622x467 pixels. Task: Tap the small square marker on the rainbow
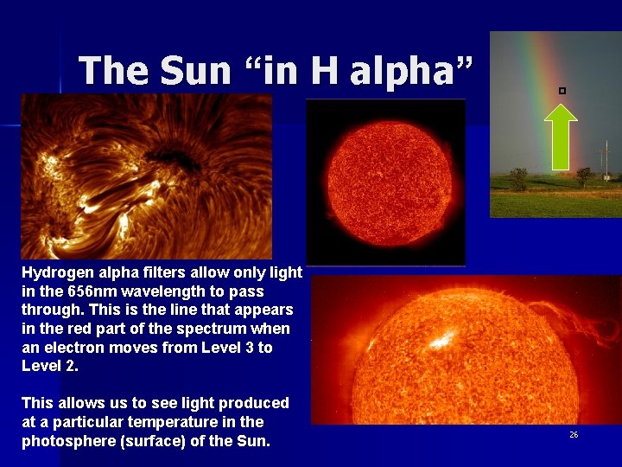point(562,90)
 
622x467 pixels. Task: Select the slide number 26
point(574,435)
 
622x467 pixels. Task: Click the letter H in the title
point(324,70)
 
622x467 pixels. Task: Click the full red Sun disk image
point(386,182)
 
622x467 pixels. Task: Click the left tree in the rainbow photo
point(518,178)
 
